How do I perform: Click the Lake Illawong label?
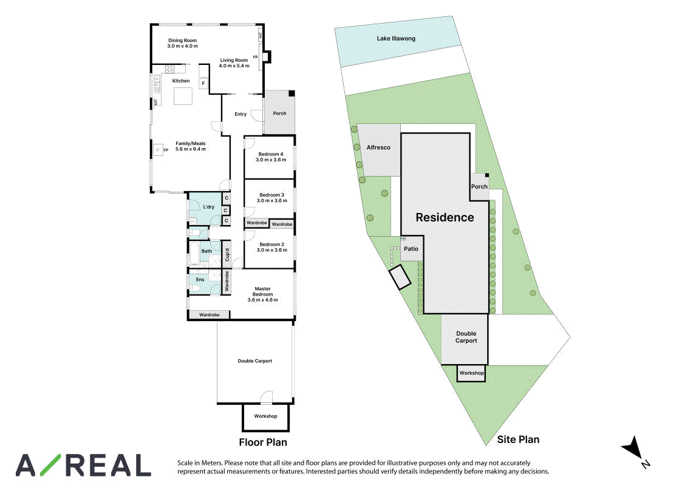click(x=396, y=38)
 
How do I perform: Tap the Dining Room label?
click(x=182, y=41)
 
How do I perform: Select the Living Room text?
click(x=234, y=60)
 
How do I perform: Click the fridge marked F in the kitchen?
click(x=203, y=83)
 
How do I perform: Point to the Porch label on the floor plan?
click(x=279, y=113)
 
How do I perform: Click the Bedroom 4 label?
click(x=271, y=154)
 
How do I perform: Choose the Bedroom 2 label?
click(x=272, y=244)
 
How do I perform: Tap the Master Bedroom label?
click(x=262, y=291)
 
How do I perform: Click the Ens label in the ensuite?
click(x=200, y=280)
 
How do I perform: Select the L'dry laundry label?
click(x=209, y=207)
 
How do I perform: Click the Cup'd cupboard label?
click(x=227, y=254)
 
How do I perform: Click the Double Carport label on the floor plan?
click(x=254, y=361)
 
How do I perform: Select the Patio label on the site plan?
click(x=411, y=249)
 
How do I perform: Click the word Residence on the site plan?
click(x=445, y=217)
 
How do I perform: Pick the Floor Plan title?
click(x=263, y=442)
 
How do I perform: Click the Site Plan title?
click(x=518, y=439)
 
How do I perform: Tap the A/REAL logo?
click(x=83, y=465)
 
